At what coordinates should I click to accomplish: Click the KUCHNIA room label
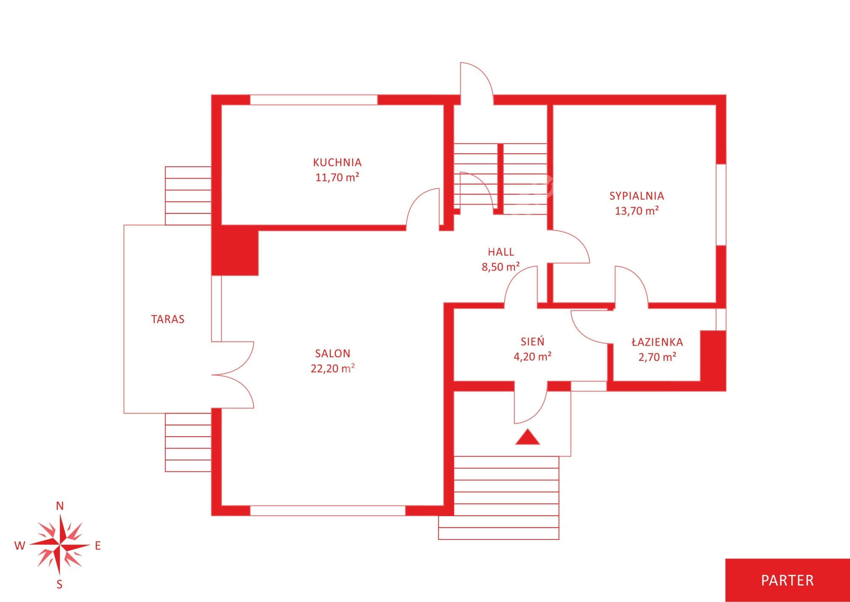tap(337, 162)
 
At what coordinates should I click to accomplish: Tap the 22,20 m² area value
tap(333, 368)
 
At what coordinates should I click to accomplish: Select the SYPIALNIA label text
tap(637, 196)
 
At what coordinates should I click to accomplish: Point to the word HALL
tap(501, 252)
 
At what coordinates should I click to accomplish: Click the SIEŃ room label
tap(533, 341)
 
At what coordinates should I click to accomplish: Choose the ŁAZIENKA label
tap(657, 342)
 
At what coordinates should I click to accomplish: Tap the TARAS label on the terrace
tap(168, 319)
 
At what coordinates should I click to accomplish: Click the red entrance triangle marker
tap(527, 437)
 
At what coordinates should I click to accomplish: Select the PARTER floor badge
tap(788, 580)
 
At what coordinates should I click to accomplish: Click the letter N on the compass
tap(60, 506)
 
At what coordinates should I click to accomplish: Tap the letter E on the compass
tap(98, 546)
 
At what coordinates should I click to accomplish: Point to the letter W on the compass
tap(20, 546)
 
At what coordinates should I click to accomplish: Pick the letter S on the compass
tap(59, 585)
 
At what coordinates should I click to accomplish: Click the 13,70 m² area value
tap(637, 210)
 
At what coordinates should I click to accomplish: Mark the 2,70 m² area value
tap(657, 357)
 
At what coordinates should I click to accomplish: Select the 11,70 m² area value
tap(337, 177)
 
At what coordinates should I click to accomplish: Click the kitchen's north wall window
tap(314, 100)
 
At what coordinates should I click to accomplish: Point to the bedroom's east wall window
tap(721, 204)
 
